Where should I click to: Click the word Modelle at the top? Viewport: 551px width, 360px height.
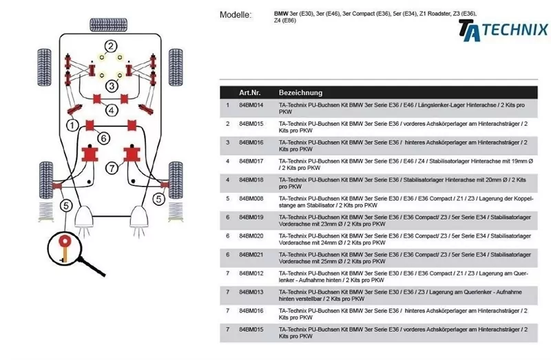[236, 14]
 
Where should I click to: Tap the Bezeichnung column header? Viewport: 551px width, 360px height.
[300, 92]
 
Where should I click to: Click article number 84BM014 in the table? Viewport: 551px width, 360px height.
[251, 105]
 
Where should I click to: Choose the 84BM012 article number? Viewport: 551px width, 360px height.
[251, 273]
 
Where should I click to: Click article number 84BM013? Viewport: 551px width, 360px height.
[251, 292]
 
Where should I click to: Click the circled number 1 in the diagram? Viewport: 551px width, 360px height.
[71, 125]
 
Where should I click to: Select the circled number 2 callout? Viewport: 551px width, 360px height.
[111, 46]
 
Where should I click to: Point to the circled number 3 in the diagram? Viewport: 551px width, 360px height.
[111, 85]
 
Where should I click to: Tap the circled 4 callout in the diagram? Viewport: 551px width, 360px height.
[111, 109]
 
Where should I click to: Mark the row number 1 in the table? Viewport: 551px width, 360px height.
[227, 105]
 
